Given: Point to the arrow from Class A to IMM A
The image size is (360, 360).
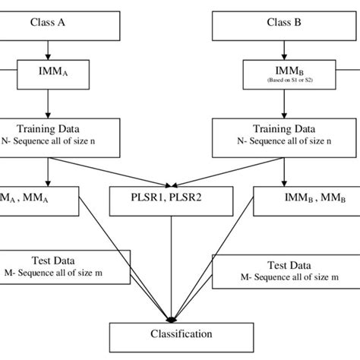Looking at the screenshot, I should click(47, 48).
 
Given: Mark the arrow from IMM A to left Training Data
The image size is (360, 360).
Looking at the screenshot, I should click(47, 102).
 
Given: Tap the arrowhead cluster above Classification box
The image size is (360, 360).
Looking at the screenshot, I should click(175, 317).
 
